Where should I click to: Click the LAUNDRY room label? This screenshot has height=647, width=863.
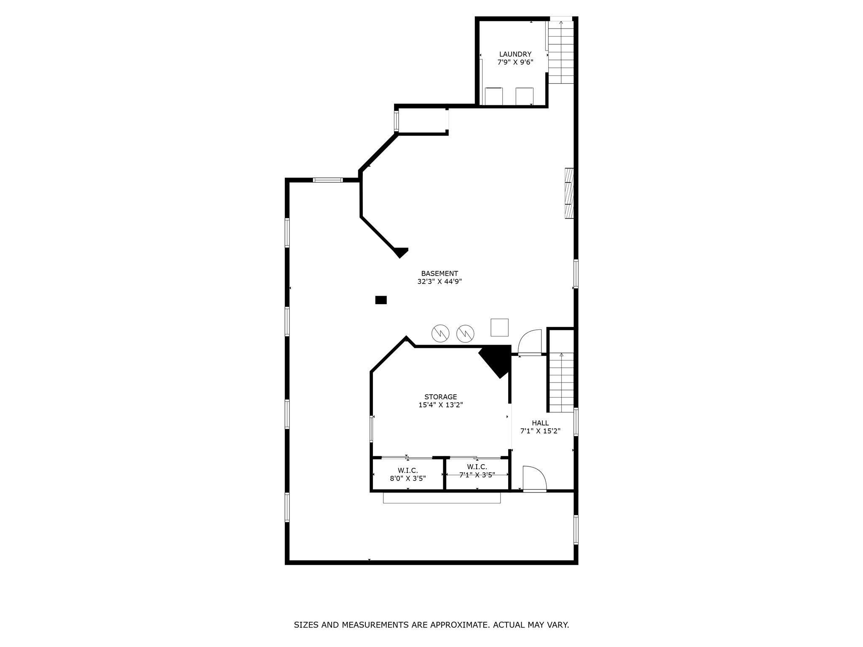point(515,54)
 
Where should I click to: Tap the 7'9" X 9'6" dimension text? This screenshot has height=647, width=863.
point(515,62)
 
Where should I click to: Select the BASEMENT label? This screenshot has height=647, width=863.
point(439,274)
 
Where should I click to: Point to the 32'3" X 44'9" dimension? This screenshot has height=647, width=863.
point(439,282)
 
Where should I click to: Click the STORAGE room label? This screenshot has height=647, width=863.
point(440,397)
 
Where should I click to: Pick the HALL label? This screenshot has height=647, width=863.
point(540,423)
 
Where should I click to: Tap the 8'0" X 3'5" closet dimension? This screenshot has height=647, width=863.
point(407,479)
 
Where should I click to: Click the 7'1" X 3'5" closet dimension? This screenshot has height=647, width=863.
point(477,475)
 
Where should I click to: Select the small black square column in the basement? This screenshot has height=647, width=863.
point(381,300)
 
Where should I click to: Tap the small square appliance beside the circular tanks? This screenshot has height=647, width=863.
point(499,327)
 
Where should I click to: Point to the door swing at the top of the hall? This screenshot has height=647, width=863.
point(530,342)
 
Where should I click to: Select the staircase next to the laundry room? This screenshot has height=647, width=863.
point(561,52)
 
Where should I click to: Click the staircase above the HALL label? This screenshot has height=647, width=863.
point(561,382)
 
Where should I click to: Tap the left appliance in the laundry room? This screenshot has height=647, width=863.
point(493,96)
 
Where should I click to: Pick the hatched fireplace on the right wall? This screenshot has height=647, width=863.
point(569,193)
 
